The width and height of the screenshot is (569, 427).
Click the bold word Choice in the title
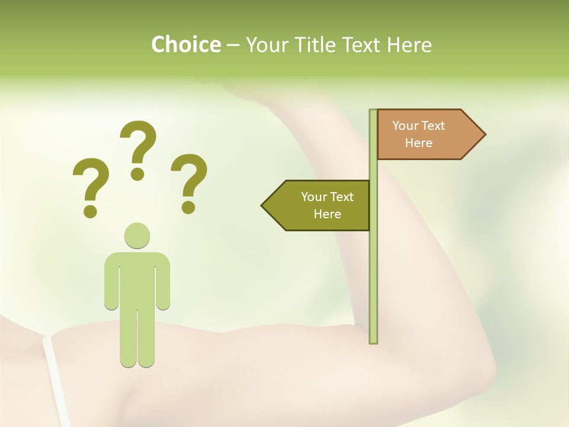coord(186,44)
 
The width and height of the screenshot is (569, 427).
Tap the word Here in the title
coord(409,44)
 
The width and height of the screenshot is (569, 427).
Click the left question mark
coord(91,184)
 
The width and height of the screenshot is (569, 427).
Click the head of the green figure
coord(137,235)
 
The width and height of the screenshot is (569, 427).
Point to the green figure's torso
coord(137,279)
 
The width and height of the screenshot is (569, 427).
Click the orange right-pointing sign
coord(424,134)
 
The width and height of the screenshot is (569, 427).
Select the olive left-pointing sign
coord(320,205)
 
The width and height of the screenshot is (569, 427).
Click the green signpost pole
coord(373,267)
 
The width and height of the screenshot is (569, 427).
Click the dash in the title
coord(233,45)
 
